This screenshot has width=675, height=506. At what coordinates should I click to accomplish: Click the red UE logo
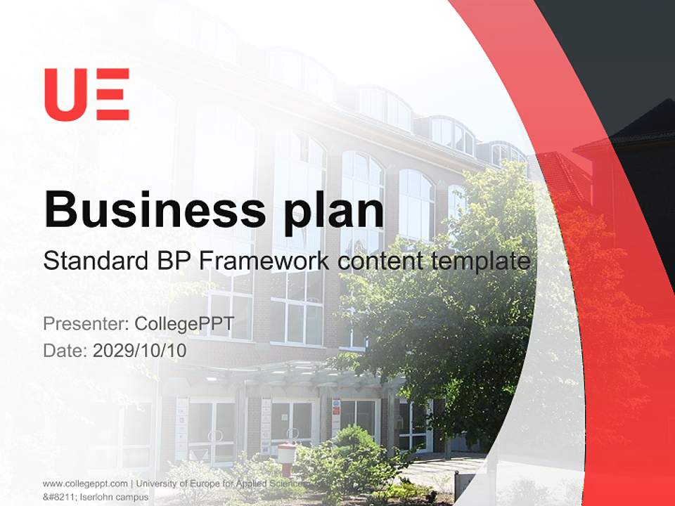tap(86, 94)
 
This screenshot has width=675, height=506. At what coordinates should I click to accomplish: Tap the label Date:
tap(65, 350)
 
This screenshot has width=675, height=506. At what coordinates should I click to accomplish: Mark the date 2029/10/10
tap(140, 350)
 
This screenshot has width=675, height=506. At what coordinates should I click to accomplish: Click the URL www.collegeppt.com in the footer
tap(85, 484)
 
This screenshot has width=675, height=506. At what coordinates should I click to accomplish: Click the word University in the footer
tap(159, 484)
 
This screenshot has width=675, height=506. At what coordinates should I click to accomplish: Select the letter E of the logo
tap(112, 94)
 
